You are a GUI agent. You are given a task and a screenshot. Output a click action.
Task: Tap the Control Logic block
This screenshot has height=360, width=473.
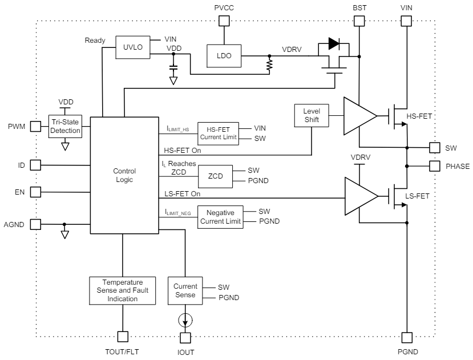point(124,175)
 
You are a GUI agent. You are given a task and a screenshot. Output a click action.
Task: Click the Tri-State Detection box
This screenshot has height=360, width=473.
point(65,126)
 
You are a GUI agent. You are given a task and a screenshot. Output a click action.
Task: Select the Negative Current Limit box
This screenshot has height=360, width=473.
point(220,217)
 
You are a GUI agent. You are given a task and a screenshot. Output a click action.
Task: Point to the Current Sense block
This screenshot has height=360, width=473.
point(185,290)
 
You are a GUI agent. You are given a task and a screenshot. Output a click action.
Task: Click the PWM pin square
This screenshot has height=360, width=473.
point(35,126)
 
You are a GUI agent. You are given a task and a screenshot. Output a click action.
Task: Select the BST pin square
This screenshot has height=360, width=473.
point(359,21)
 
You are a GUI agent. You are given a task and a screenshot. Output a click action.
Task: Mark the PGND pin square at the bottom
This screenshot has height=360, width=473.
point(407,337)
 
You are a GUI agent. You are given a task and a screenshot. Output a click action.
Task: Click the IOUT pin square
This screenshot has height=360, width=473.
point(185,337)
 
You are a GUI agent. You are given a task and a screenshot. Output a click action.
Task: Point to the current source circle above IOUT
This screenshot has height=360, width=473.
point(185,318)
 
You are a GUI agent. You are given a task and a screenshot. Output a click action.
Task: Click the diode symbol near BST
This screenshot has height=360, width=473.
point(334,44)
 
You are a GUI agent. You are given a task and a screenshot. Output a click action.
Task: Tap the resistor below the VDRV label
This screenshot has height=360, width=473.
point(269,66)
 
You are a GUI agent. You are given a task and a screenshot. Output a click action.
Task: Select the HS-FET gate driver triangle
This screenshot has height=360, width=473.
point(358,116)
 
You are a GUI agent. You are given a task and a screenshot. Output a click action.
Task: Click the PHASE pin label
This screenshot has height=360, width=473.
point(456,167)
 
